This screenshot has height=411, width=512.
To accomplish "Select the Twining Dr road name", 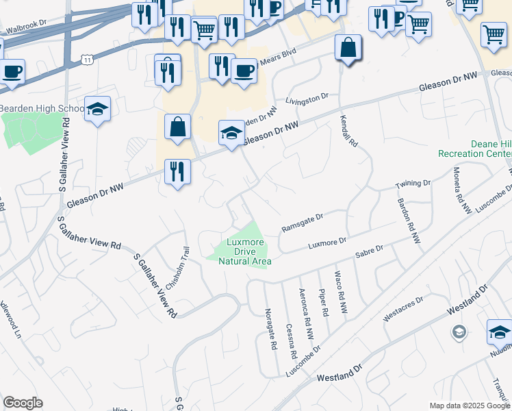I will point(413,184).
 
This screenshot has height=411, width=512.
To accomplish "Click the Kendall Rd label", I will point(349,132).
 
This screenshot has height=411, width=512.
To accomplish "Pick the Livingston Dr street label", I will point(307,100).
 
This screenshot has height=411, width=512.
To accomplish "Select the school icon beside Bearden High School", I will point(98,109).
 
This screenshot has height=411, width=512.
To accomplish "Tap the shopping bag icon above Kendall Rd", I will point(348,48).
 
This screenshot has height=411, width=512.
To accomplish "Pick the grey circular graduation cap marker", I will point(458,332).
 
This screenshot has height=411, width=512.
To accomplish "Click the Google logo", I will point(23,403).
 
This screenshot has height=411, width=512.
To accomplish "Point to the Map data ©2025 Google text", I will point(470,406).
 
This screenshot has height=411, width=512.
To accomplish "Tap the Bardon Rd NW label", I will point(409,221).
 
